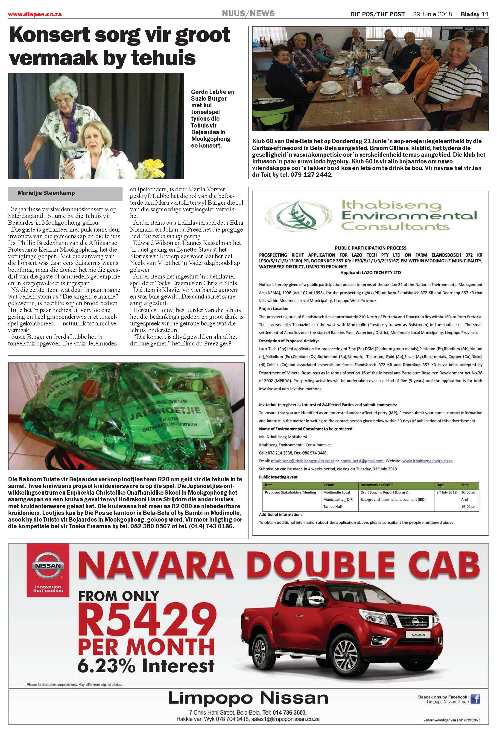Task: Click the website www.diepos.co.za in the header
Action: point(35,14)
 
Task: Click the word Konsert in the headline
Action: point(49,35)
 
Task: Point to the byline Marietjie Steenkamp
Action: point(46,193)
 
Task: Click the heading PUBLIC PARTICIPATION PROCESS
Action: point(370,248)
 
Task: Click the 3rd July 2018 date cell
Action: point(446,492)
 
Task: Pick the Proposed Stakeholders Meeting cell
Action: point(290,492)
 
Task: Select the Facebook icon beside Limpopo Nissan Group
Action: point(475,708)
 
